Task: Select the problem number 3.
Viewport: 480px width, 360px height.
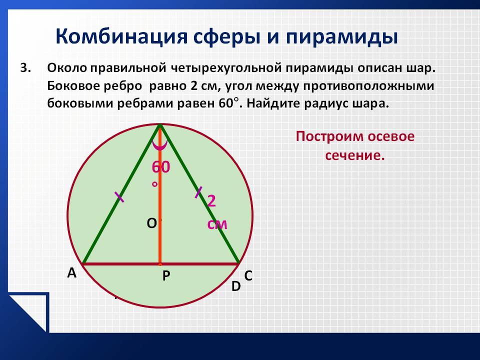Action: [25, 68]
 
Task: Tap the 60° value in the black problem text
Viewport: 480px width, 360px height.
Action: [228, 103]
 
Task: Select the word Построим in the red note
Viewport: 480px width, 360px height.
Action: [329, 136]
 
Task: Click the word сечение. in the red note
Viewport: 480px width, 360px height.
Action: [354, 155]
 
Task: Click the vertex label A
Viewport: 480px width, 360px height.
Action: [71, 272]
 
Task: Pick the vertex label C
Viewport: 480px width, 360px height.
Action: [248, 276]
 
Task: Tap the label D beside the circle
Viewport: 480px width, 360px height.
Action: [236, 286]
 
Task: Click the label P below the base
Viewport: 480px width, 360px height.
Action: [166, 276]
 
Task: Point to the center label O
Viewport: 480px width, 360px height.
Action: [151, 223]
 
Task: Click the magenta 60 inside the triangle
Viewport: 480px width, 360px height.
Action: [160, 167]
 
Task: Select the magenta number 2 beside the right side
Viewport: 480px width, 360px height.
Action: [211, 201]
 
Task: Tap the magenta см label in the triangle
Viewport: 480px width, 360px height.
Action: [217, 224]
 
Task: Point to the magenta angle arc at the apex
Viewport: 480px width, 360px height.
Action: [160, 146]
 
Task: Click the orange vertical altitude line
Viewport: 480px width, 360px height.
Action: [160, 195]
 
